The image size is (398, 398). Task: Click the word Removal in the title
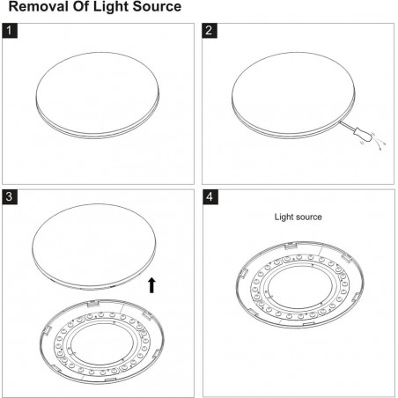tap(39, 6)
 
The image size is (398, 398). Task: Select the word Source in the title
tap(157, 6)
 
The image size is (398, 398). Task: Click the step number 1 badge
tap(10, 31)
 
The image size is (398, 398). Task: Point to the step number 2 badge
tap(210, 31)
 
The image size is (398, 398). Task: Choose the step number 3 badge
tap(10, 196)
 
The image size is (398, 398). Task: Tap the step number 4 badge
tap(210, 196)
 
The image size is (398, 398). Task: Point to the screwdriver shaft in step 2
tap(347, 125)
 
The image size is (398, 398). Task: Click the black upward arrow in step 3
tap(151, 285)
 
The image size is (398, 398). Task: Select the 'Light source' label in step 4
tap(298, 217)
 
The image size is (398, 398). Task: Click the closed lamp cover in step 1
tap(98, 95)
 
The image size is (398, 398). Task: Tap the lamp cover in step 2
tap(293, 95)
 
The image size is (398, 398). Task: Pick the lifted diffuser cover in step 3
tap(94, 247)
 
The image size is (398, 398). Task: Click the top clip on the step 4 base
tap(291, 246)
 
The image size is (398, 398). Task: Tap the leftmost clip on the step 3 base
tap(47, 331)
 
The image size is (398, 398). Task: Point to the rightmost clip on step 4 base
tap(356, 298)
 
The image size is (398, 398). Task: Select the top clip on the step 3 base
tap(93, 303)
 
